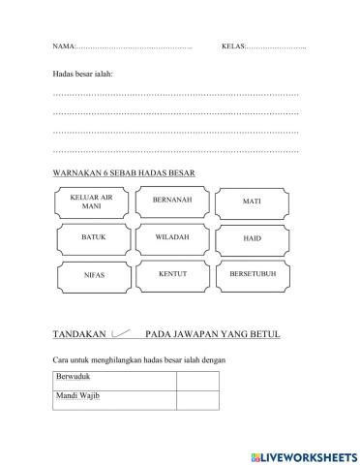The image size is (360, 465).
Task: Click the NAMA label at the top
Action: pyautogui.click(x=63, y=46)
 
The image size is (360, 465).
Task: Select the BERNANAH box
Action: pyautogui.click(x=172, y=200)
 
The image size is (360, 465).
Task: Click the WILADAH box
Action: pyautogui.click(x=172, y=238)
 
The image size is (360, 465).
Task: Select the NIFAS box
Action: pyautogui.click(x=93, y=275)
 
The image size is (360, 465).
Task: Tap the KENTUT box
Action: pyautogui.click(x=172, y=275)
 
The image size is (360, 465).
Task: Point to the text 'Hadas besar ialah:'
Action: pyautogui.click(x=82, y=74)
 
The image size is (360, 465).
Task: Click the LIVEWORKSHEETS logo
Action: pyautogui.click(x=303, y=455)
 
